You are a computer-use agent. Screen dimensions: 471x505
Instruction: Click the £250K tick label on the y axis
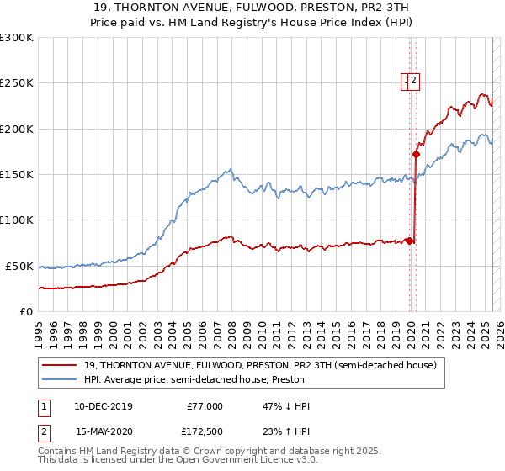coord(17,83)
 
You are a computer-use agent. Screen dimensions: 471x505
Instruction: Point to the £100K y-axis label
coord(17,220)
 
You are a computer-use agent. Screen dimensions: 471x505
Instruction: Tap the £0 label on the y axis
coord(27,311)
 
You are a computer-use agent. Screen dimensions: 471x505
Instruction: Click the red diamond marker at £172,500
coord(416,154)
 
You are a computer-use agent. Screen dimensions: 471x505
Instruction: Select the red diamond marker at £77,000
coord(410,241)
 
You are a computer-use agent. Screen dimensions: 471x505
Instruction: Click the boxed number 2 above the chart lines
coord(415,81)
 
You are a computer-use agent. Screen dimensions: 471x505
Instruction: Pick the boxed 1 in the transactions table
coord(43,406)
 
